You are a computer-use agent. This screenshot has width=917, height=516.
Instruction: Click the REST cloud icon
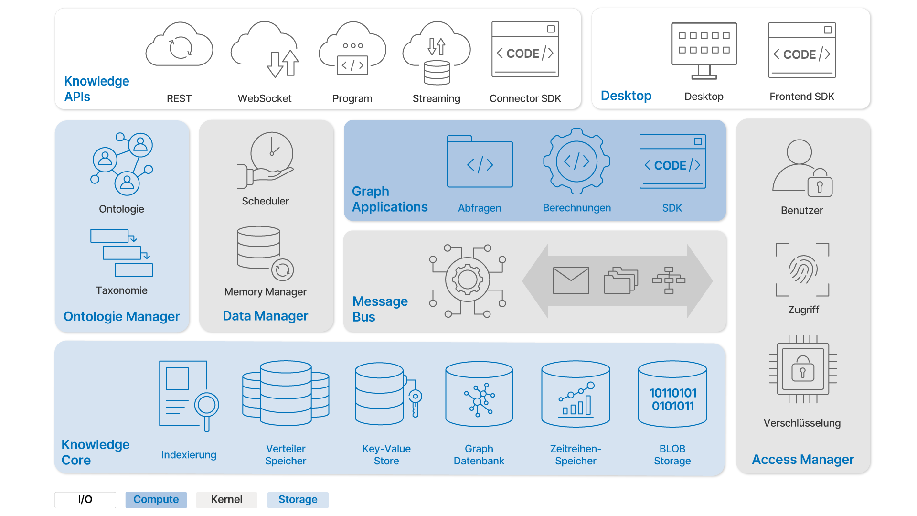coord(179,45)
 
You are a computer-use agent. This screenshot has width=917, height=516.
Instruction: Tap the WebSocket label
coord(265,98)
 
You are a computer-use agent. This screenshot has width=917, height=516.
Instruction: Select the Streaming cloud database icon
coord(437,53)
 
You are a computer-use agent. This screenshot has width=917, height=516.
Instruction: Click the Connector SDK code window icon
coord(525,49)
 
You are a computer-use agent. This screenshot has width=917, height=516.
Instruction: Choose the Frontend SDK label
coord(802,97)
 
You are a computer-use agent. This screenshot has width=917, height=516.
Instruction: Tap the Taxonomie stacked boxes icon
coord(122,253)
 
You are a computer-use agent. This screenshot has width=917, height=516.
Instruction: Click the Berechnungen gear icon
coord(577,161)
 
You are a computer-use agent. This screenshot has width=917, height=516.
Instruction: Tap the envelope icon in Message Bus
coord(571,280)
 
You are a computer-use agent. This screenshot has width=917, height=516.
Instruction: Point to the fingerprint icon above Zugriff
coord(803,269)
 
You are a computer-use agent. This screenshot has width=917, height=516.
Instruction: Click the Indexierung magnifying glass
coord(206,406)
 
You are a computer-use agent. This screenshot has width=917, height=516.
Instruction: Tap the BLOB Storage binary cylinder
coord(672,394)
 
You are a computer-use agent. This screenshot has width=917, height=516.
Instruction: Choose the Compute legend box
coord(156,500)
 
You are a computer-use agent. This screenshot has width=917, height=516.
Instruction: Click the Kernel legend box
coord(226,500)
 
